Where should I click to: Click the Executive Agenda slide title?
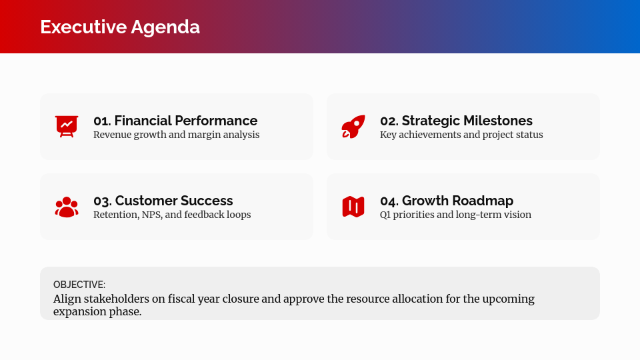tap(120, 27)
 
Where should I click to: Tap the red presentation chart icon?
tap(67, 126)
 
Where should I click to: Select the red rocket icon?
tap(353, 126)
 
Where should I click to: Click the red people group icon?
tap(67, 207)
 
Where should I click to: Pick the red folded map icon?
tap(353, 207)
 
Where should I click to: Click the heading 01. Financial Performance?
tap(175, 121)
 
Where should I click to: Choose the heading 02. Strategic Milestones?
tap(456, 121)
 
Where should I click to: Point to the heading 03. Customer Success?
tap(163, 201)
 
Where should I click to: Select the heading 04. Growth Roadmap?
tap(447, 201)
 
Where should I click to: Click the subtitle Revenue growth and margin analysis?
tap(176, 135)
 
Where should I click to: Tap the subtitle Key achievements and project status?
tap(461, 135)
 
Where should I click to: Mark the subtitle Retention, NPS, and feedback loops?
tap(172, 215)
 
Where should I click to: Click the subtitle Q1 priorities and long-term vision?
tap(455, 215)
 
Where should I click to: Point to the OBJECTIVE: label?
tap(79, 284)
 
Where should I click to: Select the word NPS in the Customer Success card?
tap(153, 215)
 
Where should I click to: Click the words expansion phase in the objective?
tap(97, 312)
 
